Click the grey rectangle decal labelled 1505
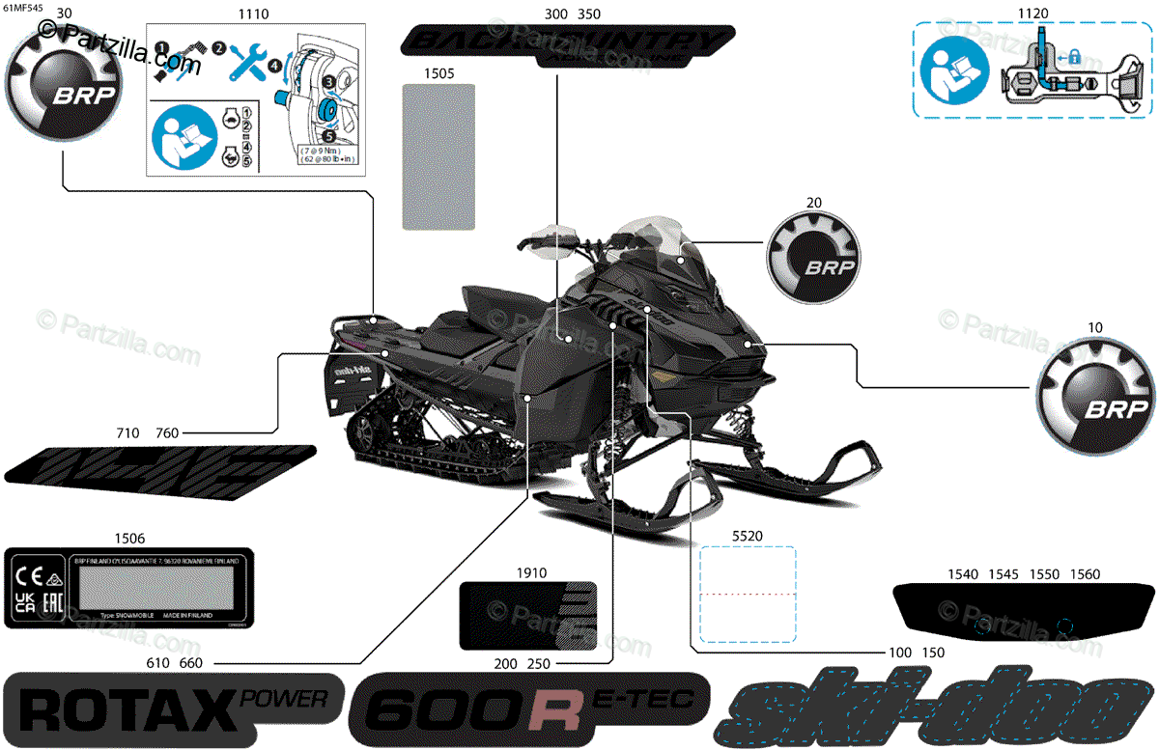(438, 156)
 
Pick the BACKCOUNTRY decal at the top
(563, 44)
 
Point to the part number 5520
(747, 534)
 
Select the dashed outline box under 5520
(748, 595)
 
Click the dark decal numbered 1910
(526, 615)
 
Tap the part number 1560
(1086, 574)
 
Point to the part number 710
(127, 433)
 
